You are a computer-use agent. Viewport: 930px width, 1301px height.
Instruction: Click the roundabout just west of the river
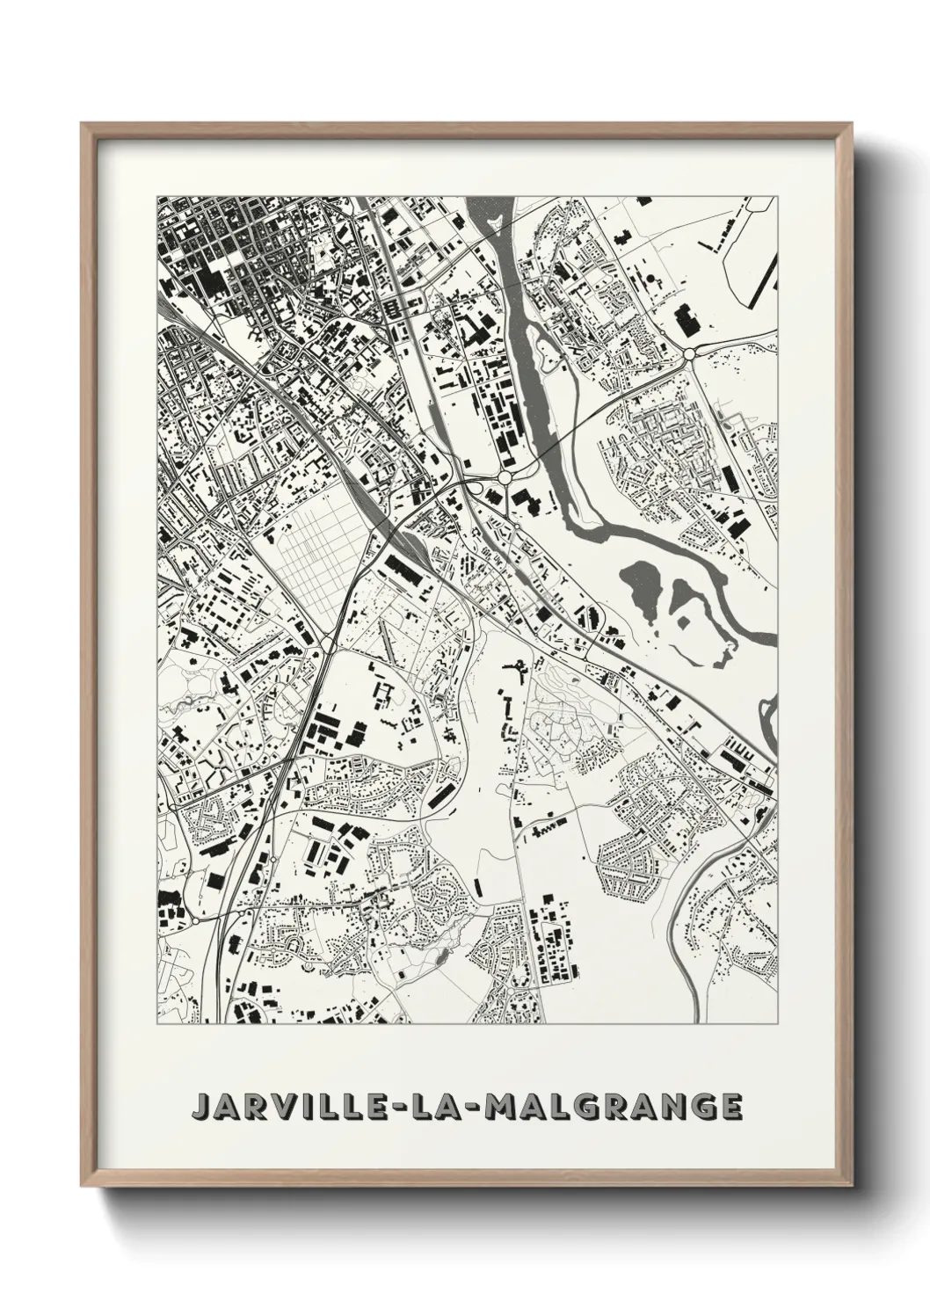[x=505, y=477]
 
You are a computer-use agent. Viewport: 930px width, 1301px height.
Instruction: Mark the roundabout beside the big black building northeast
[x=690, y=353]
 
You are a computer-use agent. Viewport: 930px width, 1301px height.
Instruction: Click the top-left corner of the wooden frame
[x=83, y=124]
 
